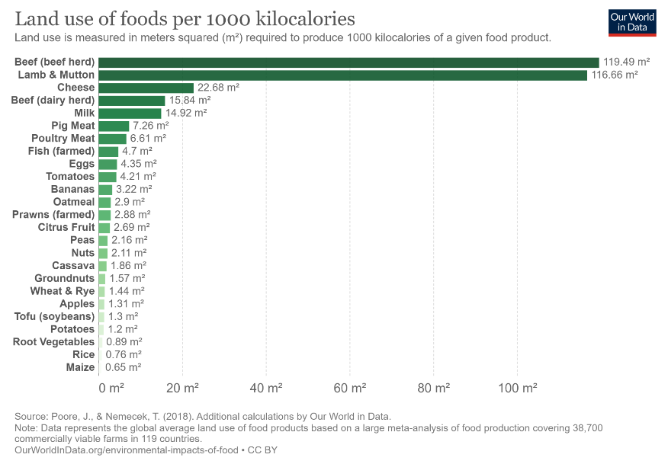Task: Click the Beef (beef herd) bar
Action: point(348,62)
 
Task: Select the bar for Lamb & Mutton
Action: point(343,75)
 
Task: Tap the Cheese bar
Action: point(146,88)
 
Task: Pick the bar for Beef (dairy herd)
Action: point(132,101)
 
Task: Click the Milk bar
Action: point(130,114)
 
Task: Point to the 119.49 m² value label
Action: point(626,62)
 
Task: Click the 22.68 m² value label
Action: point(218,88)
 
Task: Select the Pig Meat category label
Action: point(73,126)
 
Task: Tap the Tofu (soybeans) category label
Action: point(54,316)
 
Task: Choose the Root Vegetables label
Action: point(53,342)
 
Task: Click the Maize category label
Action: point(81,367)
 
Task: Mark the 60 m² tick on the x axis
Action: point(350,389)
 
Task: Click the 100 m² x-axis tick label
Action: point(517,389)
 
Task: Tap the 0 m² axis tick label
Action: point(111,389)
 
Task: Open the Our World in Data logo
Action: point(632,22)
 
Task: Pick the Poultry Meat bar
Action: point(112,139)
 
